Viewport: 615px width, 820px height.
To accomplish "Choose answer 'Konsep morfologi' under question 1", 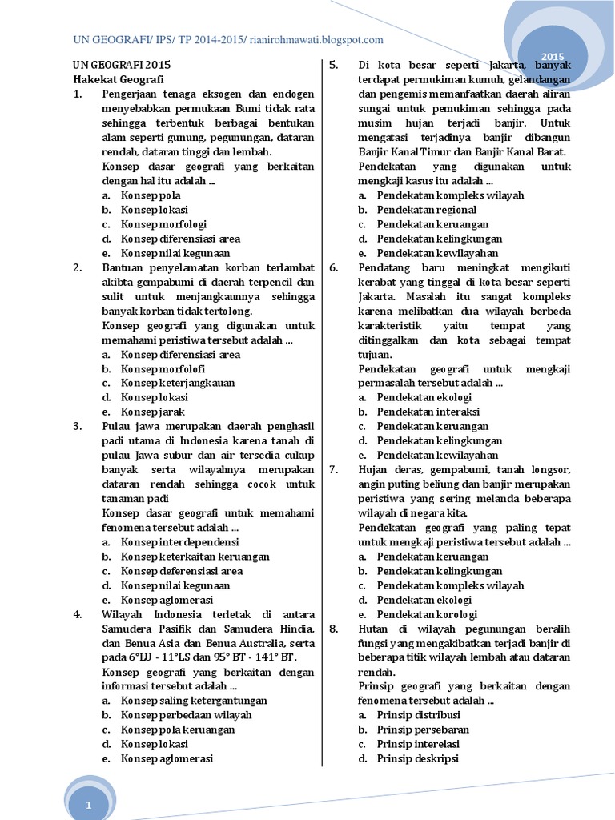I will tap(163, 224).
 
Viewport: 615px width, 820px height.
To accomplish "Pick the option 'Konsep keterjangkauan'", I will tap(178, 383).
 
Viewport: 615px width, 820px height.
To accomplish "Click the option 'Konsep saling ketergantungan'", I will tap(194, 700).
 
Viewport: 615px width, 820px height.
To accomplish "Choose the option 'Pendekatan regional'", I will tap(427, 210).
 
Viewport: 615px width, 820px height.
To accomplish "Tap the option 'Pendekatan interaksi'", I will tap(428, 412).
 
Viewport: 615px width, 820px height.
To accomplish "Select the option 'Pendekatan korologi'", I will tap(427, 613).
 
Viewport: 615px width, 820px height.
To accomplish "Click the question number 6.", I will tap(334, 267).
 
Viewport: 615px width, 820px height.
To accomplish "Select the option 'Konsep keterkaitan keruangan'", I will tap(195, 556).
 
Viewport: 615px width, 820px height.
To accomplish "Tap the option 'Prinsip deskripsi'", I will tap(417, 758).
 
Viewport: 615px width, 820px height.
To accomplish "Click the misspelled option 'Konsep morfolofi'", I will tap(163, 368).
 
